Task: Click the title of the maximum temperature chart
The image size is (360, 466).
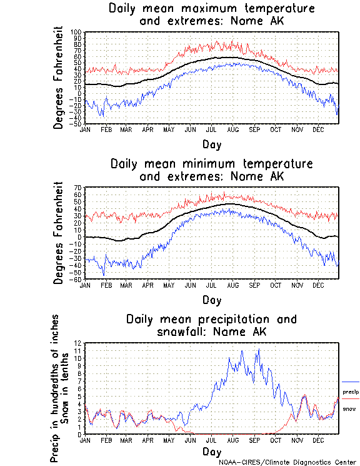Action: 211,14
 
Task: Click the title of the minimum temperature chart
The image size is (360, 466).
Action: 211,170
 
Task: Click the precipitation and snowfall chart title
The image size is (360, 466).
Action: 211,325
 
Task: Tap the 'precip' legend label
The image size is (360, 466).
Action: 350,392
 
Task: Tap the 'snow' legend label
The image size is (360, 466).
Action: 349,408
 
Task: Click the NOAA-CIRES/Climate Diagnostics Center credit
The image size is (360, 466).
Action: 288,462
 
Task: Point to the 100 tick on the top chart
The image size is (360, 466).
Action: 76,32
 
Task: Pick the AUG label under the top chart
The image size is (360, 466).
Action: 232,129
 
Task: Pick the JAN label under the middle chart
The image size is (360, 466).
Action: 85,285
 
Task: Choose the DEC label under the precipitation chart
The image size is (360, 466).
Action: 317,440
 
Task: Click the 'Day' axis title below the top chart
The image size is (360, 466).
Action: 211,144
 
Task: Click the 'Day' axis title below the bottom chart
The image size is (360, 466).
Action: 211,451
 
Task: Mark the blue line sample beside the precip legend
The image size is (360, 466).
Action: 350,382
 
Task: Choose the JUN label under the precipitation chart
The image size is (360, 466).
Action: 190,440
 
